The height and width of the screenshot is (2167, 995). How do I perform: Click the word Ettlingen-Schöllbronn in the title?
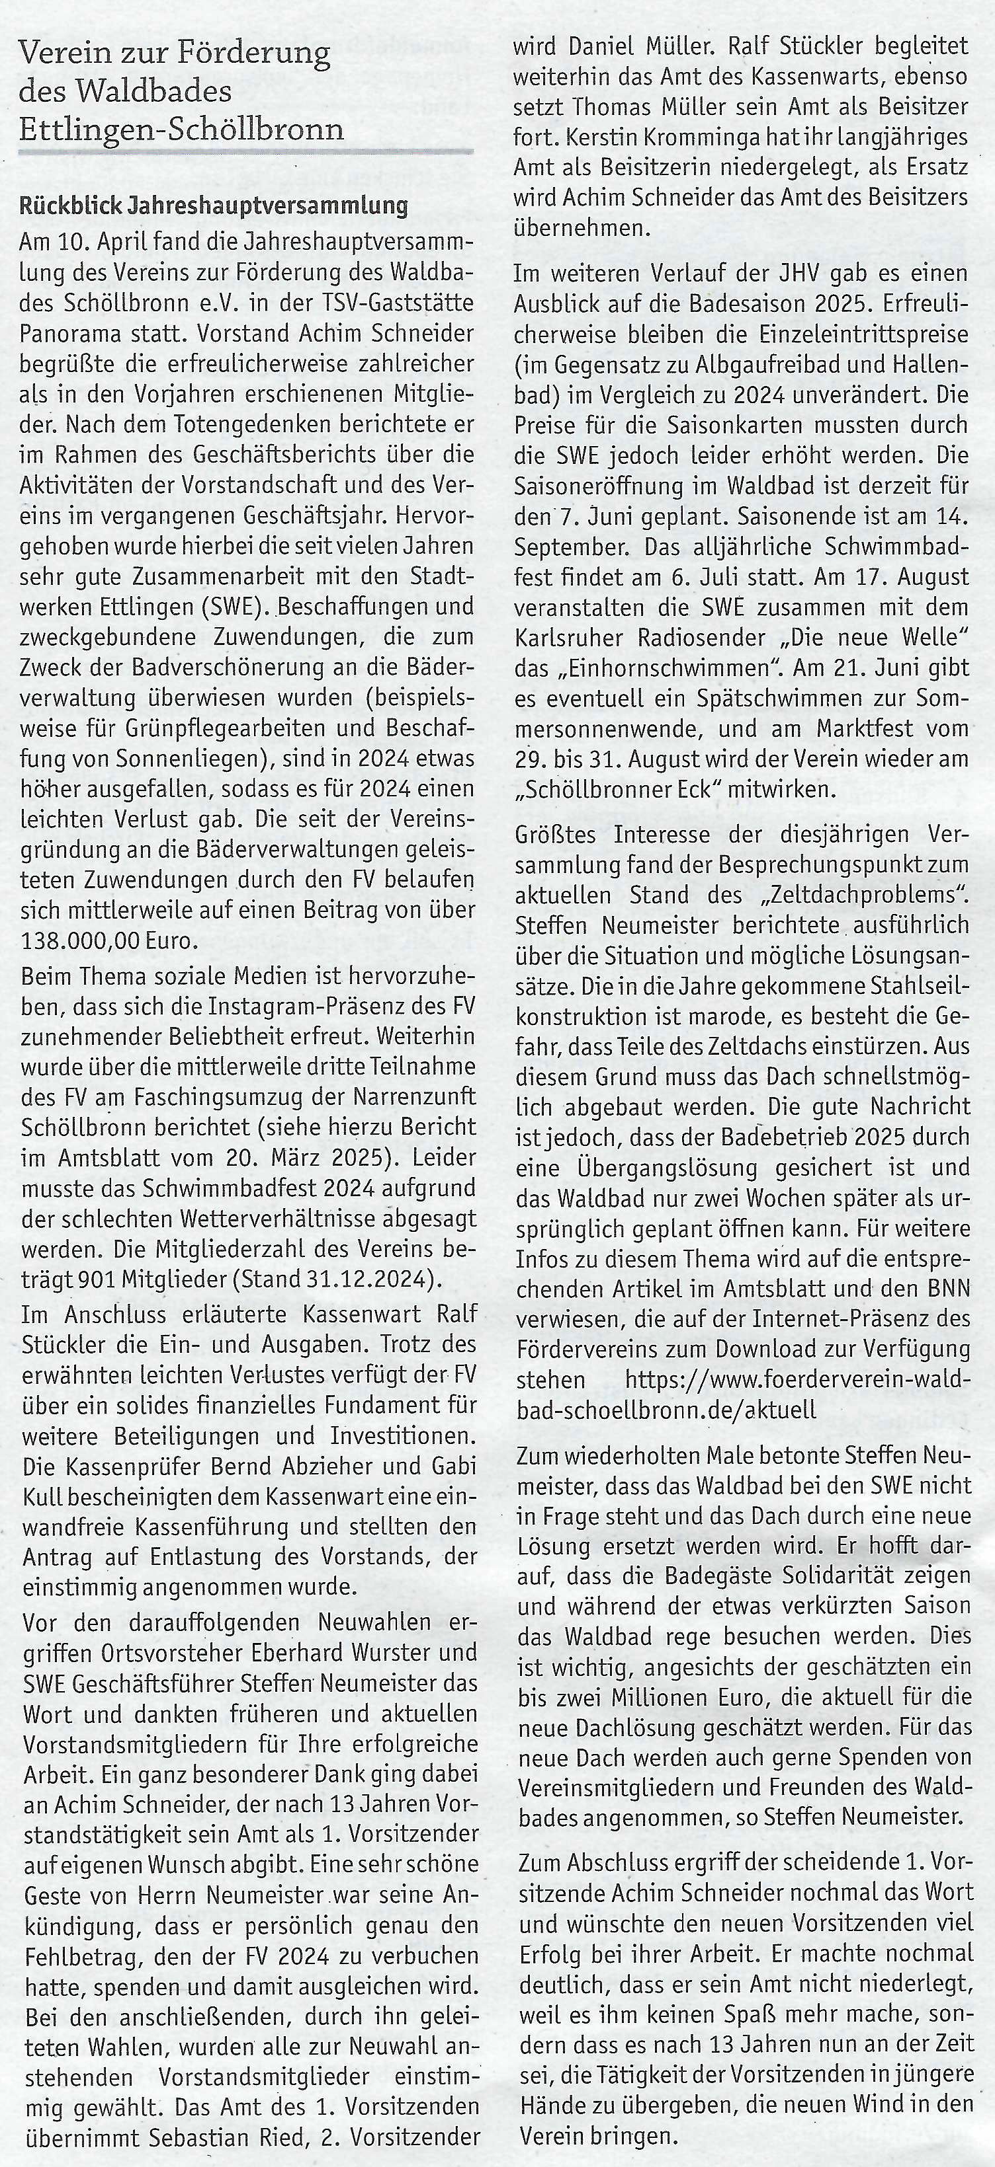[x=181, y=130]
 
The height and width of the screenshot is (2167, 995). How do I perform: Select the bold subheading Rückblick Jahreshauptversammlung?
[x=214, y=206]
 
